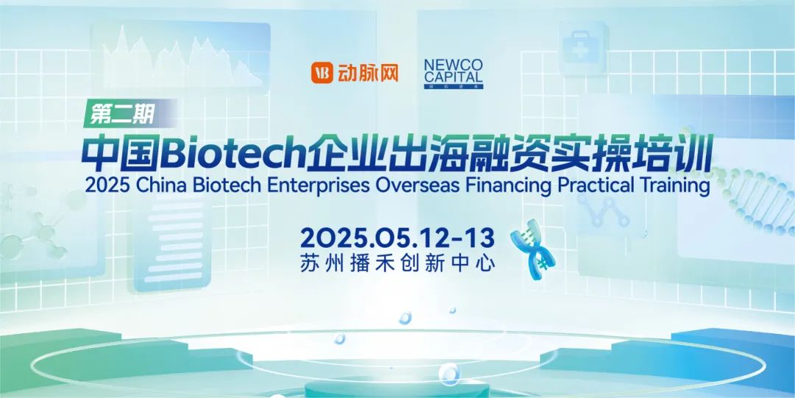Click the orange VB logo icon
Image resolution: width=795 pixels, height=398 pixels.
tap(322, 72)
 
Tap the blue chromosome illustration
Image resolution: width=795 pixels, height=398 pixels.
tap(532, 249)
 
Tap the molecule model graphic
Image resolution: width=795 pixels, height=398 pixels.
tap(35, 223)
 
